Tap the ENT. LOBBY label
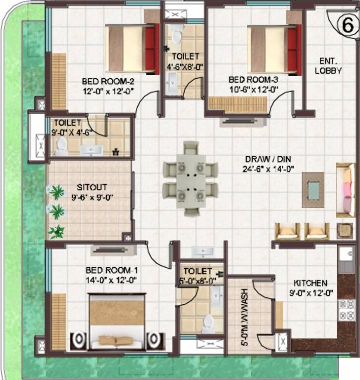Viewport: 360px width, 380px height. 328,66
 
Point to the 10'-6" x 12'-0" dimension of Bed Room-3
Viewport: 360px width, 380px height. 254,90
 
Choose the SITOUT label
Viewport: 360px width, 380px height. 89,188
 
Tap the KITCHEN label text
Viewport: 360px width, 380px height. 310,283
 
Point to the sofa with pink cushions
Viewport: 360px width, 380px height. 346,190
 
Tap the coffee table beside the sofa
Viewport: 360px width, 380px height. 313,189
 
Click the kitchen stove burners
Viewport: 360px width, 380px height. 346,309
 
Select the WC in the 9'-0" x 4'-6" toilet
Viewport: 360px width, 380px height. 61,146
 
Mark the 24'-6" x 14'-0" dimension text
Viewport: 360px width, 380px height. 270,169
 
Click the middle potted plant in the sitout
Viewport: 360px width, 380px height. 56,212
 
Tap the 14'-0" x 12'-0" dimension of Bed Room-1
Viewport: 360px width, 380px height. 111,280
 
